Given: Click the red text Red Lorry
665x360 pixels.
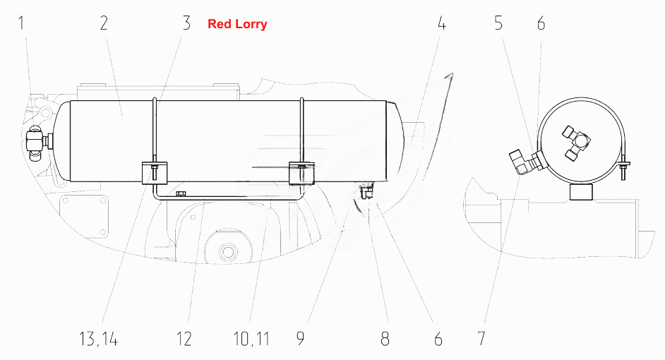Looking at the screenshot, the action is pyautogui.click(x=237, y=24).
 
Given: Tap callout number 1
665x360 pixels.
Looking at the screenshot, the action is pyautogui.click(x=21, y=23).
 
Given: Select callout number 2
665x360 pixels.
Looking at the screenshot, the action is pyautogui.click(x=104, y=23).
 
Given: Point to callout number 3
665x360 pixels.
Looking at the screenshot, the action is pyautogui.click(x=186, y=23).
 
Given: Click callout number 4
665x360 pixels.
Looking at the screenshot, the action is pyautogui.click(x=441, y=23).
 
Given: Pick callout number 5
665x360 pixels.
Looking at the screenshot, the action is pyautogui.click(x=498, y=23).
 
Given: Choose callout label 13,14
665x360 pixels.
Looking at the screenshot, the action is pyautogui.click(x=98, y=339).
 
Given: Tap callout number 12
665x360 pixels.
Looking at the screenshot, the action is pyautogui.click(x=184, y=339).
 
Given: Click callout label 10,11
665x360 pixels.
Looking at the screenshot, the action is pyautogui.click(x=251, y=339).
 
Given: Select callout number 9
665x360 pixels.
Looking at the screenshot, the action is pyautogui.click(x=300, y=339).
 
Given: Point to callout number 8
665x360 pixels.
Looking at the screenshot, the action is pyautogui.click(x=385, y=339).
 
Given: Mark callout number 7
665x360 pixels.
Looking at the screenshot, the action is pyautogui.click(x=481, y=339).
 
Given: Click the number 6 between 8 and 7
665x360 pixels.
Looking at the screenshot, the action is pyautogui.click(x=438, y=339).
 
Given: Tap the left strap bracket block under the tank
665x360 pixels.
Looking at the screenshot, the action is pyautogui.click(x=155, y=173).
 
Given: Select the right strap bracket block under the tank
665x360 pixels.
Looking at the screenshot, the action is pyautogui.click(x=302, y=173).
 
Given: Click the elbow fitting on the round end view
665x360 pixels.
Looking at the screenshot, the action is pyautogui.click(x=526, y=161).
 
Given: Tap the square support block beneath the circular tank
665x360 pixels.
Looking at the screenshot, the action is pyautogui.click(x=582, y=191).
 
